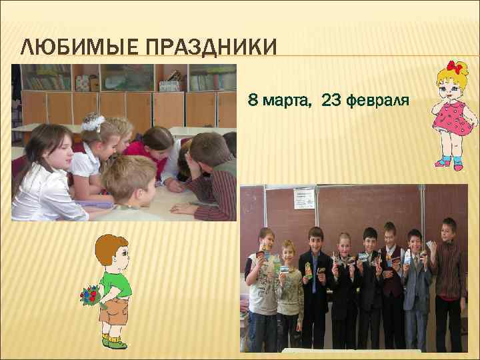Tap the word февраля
379,101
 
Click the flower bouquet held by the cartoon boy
89,294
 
